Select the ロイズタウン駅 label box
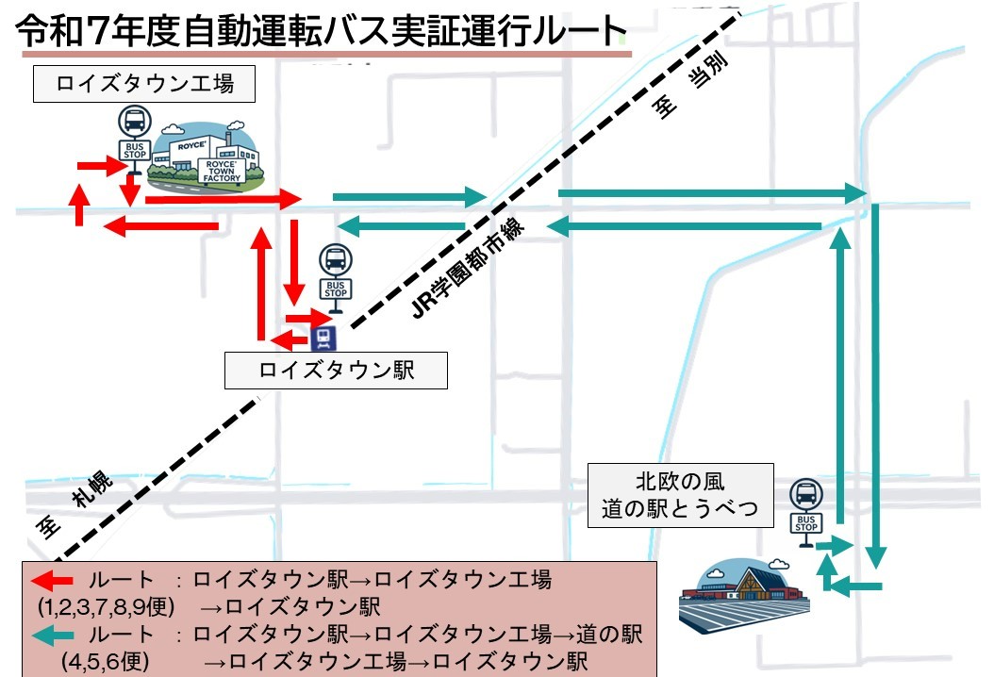tap(336, 371)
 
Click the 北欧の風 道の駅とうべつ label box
tap(680, 496)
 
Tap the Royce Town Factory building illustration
tap(208, 154)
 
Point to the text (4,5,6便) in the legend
tap(106, 661)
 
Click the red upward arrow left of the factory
tap(80, 204)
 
